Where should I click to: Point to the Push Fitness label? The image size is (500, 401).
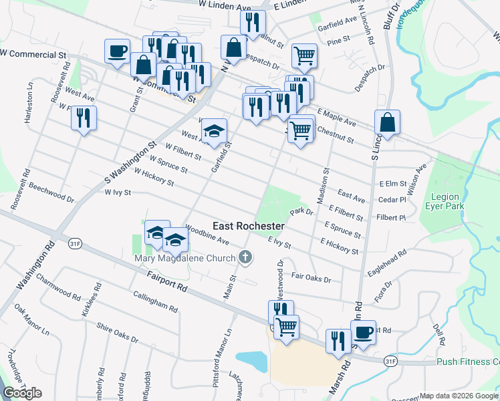(x=467, y=362)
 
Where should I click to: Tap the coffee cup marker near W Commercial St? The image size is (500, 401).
(x=117, y=51)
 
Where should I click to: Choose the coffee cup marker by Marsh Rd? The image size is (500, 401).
(x=363, y=331)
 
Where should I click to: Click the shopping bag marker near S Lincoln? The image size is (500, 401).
(x=387, y=122)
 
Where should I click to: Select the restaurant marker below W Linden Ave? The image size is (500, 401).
(x=252, y=22)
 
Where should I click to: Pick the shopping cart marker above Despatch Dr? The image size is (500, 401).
(x=304, y=55)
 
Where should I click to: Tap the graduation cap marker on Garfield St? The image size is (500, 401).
(x=215, y=131)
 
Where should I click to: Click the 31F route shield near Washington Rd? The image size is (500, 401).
(x=74, y=245)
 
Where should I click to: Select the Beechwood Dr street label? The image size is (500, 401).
(x=51, y=193)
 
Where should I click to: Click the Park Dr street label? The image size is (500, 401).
(x=301, y=212)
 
